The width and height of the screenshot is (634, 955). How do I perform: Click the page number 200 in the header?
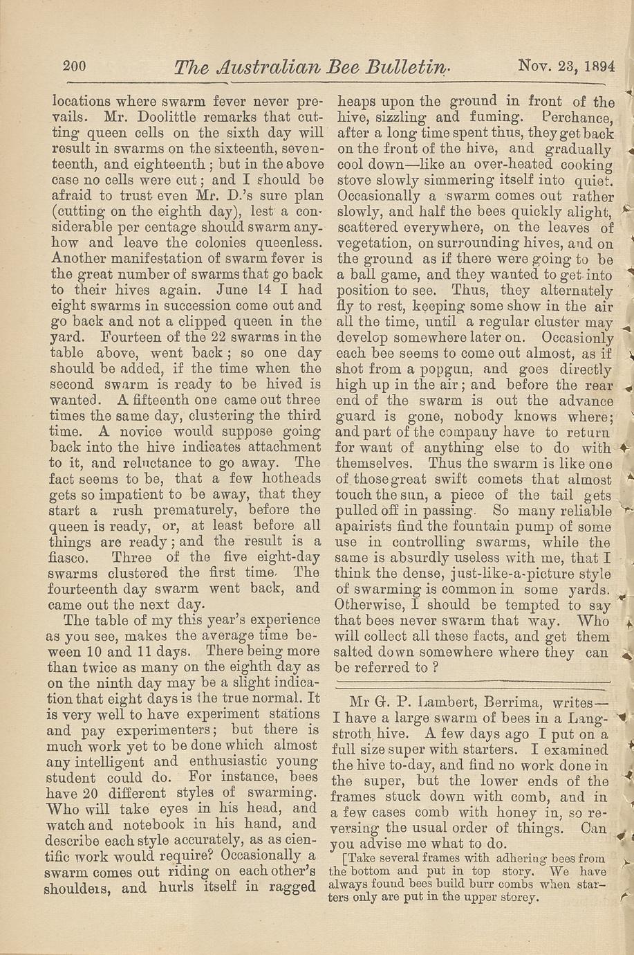point(73,66)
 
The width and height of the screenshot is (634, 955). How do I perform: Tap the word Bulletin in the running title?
point(407,67)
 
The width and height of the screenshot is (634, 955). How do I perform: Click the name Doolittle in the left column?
point(165,116)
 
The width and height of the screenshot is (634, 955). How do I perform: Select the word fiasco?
point(72,558)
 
